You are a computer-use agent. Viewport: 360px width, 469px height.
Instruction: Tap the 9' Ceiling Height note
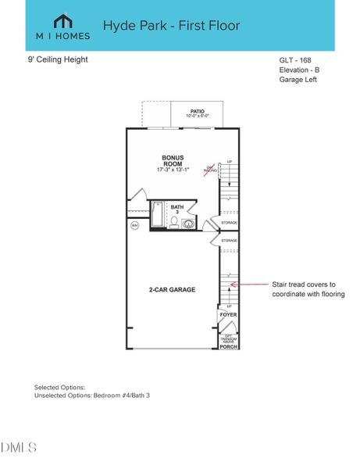[x=58, y=59]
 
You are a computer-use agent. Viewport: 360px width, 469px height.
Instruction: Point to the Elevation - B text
[x=299, y=70]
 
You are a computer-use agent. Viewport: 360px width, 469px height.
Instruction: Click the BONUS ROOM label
[x=172, y=159]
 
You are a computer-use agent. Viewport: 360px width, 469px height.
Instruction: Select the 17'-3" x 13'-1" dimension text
[x=172, y=170]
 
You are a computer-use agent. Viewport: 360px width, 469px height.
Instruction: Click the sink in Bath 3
[x=188, y=224]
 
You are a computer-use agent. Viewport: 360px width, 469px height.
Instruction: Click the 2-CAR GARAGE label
[x=173, y=289]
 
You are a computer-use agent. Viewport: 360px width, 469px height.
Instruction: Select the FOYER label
[x=228, y=314]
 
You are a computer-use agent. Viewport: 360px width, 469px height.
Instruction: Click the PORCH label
[x=228, y=345]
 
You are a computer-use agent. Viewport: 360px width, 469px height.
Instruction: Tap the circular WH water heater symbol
[x=134, y=225]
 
